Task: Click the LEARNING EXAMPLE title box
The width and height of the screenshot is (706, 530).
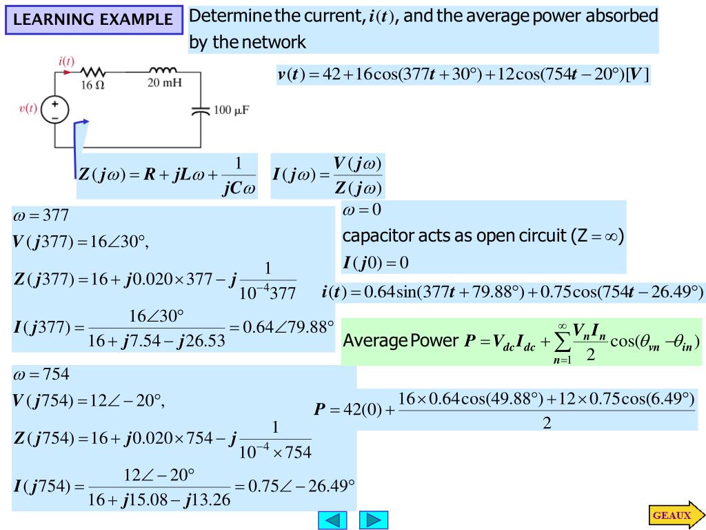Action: click(x=94, y=20)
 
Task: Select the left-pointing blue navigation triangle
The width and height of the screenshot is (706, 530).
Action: click(x=332, y=520)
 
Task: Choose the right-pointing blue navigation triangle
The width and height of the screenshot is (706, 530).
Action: click(x=374, y=520)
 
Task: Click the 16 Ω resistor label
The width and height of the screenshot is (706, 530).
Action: click(x=93, y=86)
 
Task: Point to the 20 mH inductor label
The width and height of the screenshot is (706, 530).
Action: click(x=164, y=84)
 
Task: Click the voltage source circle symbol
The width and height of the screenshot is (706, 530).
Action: click(x=55, y=109)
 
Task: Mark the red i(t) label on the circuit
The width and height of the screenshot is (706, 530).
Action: click(x=66, y=61)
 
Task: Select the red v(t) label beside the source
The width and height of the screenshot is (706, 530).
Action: click(x=28, y=108)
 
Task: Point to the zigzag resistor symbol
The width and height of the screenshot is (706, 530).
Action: click(x=92, y=72)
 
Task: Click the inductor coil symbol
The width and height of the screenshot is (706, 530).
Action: click(x=163, y=70)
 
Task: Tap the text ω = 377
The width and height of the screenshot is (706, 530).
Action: click(x=41, y=215)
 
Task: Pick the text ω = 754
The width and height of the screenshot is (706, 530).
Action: click(x=41, y=375)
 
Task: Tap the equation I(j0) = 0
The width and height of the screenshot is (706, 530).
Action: click(x=376, y=263)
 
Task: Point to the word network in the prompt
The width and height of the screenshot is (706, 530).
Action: click(x=273, y=42)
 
